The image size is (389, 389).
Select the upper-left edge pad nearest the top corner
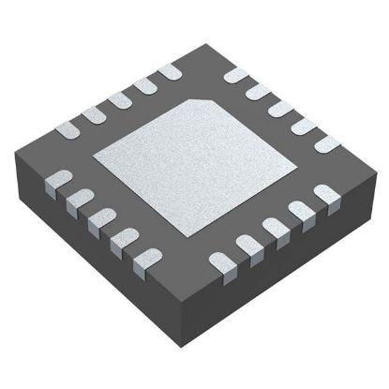pos(170,71)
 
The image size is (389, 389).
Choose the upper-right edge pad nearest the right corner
pos(326,142)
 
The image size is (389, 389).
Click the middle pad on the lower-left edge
pos(99,217)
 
